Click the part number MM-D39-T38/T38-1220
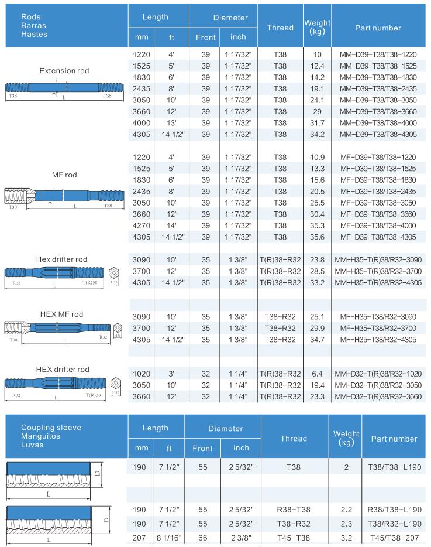[378, 54]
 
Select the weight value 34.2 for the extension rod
[317, 134]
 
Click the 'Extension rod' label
[64, 71]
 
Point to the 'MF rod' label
[64, 175]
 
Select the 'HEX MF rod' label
[61, 314]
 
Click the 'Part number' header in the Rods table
[378, 28]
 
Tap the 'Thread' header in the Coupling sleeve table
[294, 438]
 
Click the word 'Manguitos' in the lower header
[41, 436]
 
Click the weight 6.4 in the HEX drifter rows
[317, 374]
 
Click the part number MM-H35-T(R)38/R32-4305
[378, 282]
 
